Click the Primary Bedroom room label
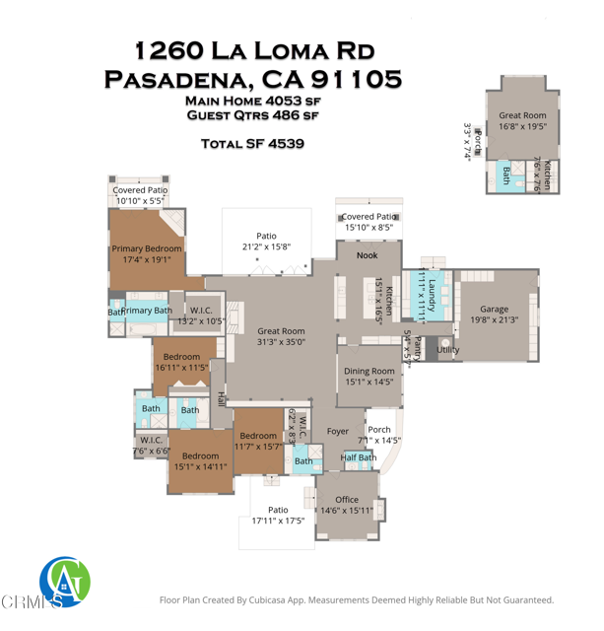(147, 248)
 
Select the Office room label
(347, 500)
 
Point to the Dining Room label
(369, 371)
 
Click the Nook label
(368, 255)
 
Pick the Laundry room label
(432, 293)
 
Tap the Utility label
(448, 349)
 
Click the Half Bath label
(358, 457)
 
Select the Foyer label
(338, 431)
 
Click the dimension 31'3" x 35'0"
(281, 342)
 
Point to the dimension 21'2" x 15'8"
(266, 246)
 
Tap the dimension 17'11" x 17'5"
(278, 520)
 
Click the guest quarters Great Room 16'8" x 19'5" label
(522, 121)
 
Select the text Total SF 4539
(252, 143)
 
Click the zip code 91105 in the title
(356, 78)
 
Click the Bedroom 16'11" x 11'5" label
(182, 362)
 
